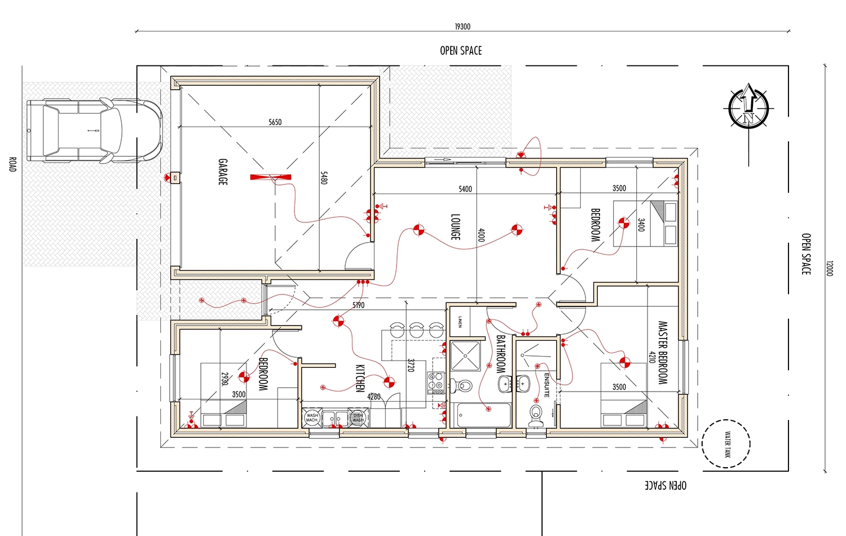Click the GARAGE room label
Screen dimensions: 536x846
[x=223, y=172]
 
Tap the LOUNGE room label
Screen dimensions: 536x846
[x=455, y=227]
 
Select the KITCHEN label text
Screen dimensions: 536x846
[x=360, y=378]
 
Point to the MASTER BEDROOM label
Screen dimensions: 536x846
[x=663, y=353]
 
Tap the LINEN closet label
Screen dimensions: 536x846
[x=460, y=322]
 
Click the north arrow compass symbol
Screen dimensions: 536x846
[x=748, y=107]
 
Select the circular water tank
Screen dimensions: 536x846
[x=726, y=444]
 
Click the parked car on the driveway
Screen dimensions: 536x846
[x=94, y=131]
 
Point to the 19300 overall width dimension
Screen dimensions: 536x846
[x=462, y=27]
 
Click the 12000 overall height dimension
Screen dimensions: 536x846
[x=829, y=268]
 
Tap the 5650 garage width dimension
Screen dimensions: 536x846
[x=275, y=122]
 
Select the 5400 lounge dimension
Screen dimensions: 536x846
[x=465, y=189]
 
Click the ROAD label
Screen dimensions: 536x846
[x=12, y=164]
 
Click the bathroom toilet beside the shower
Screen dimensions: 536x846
[x=464, y=386]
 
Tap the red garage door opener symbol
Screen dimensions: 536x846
[x=271, y=177]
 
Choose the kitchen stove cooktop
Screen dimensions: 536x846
[x=436, y=383]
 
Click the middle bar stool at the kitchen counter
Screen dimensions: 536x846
[x=416, y=329]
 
